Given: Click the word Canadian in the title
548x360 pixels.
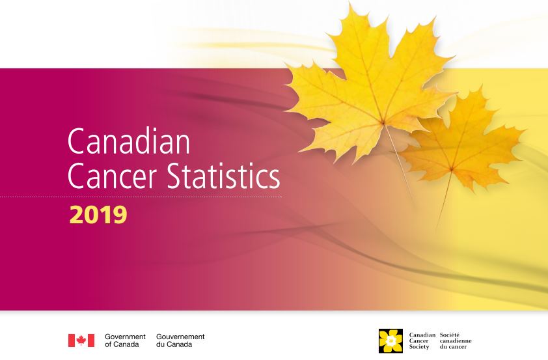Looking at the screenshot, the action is (x=129, y=141).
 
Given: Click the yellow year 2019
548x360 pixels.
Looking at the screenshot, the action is (x=98, y=215).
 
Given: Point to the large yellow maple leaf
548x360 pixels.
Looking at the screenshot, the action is (x=370, y=91).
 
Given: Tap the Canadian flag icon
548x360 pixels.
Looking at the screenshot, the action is (x=81, y=340).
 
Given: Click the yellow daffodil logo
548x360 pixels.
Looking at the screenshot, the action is (x=390, y=340).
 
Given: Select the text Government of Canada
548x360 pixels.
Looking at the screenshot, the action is (x=125, y=340).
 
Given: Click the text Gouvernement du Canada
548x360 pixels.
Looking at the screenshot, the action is (x=180, y=340).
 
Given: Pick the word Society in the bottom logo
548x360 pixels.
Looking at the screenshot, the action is (x=419, y=347).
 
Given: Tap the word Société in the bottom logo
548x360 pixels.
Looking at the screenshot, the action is (x=450, y=335).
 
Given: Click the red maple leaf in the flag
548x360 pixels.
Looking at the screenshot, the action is (x=81, y=340).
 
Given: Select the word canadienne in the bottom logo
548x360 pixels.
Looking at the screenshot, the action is (x=456, y=340).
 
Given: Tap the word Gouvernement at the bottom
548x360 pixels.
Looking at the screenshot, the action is (x=180, y=337).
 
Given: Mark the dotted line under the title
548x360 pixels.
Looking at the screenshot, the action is (x=141, y=197).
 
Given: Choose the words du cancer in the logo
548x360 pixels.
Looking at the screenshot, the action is (x=453, y=347).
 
